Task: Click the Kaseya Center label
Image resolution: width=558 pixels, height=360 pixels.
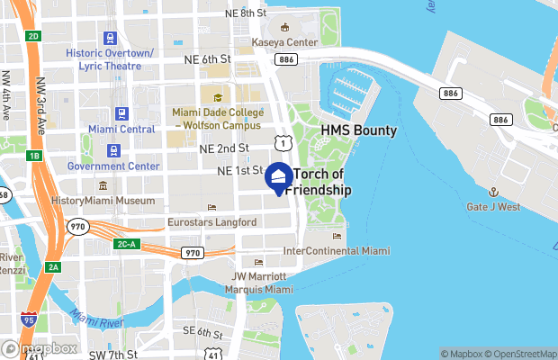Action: (x=286, y=42)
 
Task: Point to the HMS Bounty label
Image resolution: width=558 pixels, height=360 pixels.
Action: (x=359, y=131)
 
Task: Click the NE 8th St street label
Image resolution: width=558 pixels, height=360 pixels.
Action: (x=247, y=13)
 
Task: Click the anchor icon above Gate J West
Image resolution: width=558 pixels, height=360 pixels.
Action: (x=493, y=192)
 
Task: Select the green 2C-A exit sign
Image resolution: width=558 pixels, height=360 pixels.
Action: (x=126, y=244)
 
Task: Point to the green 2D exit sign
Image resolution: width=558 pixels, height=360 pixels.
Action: (x=34, y=36)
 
